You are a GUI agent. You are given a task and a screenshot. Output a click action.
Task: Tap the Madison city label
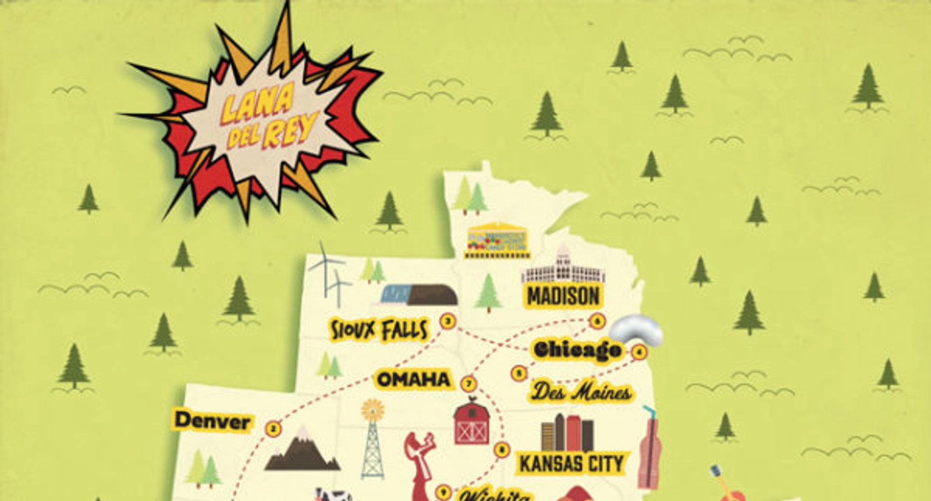click(x=563, y=296)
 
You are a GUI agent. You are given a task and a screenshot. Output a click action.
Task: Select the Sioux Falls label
click(x=379, y=330)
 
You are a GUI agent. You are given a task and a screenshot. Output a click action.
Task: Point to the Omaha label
click(x=414, y=380)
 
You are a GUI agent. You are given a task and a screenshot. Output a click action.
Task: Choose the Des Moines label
click(x=581, y=392)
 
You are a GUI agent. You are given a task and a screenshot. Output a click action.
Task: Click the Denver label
click(x=212, y=421)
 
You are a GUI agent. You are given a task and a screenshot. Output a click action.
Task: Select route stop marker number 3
click(x=447, y=321)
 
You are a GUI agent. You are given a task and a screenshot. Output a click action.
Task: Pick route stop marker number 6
click(x=597, y=321)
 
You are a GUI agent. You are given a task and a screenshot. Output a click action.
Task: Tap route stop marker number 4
click(x=639, y=351)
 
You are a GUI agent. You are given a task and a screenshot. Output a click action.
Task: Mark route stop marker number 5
click(x=519, y=373)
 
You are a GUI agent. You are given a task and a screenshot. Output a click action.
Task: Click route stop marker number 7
click(x=469, y=384)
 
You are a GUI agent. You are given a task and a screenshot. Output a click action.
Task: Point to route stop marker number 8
click(x=502, y=449)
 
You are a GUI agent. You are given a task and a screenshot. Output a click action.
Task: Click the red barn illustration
click(x=471, y=422)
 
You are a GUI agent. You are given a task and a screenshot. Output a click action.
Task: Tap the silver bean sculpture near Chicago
click(x=638, y=329)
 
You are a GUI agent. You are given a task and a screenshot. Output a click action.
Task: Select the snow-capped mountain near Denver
click(x=303, y=450)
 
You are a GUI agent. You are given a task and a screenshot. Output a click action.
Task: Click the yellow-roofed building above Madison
click(x=498, y=240)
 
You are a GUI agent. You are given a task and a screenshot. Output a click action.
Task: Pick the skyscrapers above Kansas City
click(x=567, y=434)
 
